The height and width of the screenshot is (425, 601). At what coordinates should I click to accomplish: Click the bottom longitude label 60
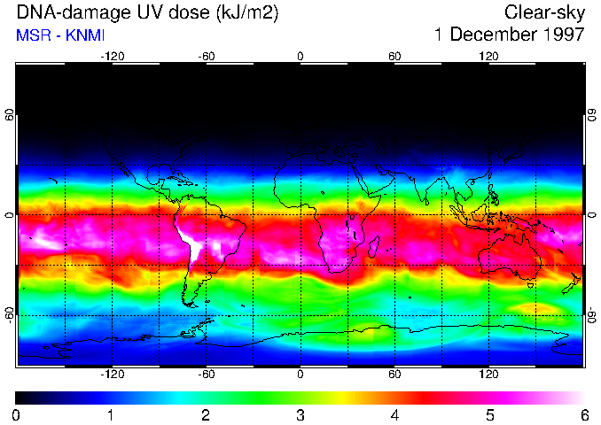[x=394, y=375]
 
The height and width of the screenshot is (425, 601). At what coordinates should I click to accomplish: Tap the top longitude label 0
[x=300, y=56]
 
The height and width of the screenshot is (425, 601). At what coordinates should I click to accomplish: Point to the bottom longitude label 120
[x=489, y=375]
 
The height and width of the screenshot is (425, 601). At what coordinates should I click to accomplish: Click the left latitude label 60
[x=9, y=117]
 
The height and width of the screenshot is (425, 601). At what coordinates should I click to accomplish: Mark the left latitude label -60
[x=9, y=315]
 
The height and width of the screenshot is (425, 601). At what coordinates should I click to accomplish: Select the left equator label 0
[x=9, y=215]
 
